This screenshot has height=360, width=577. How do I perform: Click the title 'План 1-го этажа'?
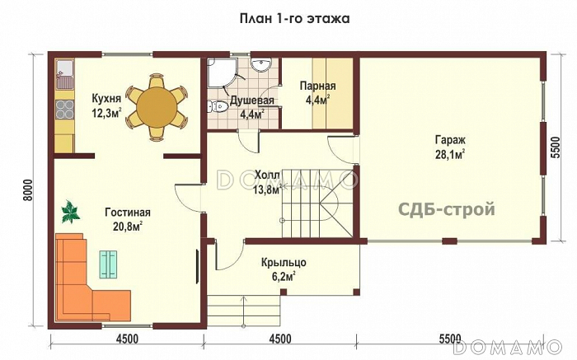[x=288, y=18]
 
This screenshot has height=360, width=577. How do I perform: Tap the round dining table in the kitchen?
[x=157, y=108]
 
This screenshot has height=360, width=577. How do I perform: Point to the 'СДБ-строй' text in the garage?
[x=447, y=209]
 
